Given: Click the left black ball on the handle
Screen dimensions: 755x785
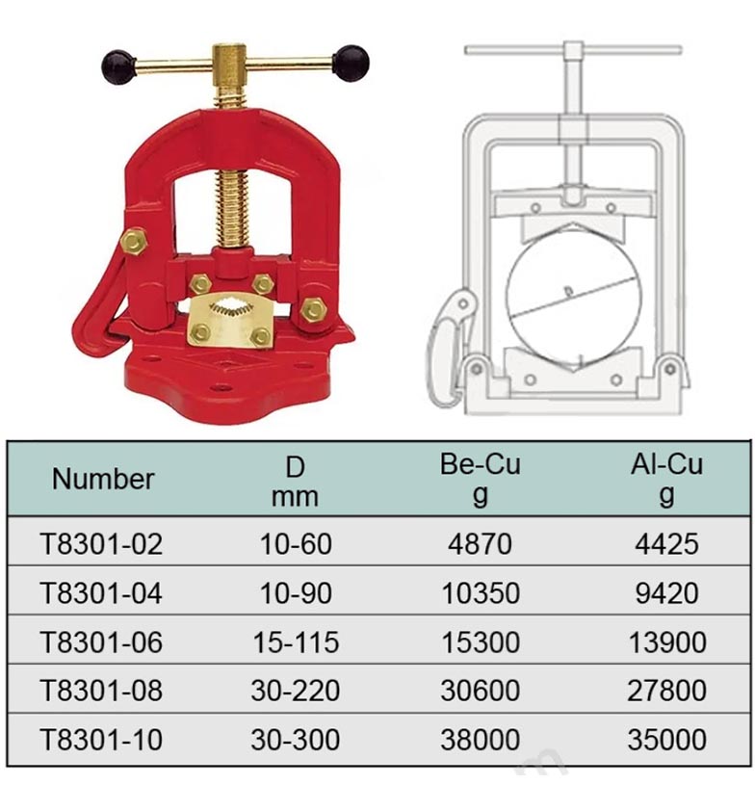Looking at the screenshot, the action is tap(119, 66).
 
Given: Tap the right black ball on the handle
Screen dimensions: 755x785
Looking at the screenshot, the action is tap(351, 63).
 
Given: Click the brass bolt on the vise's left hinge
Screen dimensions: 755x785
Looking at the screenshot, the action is tap(133, 242).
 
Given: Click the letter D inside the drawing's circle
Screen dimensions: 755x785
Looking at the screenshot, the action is tap(568, 291).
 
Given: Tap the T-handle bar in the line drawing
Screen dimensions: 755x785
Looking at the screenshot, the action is tap(573, 50).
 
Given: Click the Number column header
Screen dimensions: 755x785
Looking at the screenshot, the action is tap(103, 479).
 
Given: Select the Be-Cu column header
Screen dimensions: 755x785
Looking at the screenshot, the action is tap(481, 479).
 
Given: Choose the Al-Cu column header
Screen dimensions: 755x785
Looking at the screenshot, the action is tap(666, 479).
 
